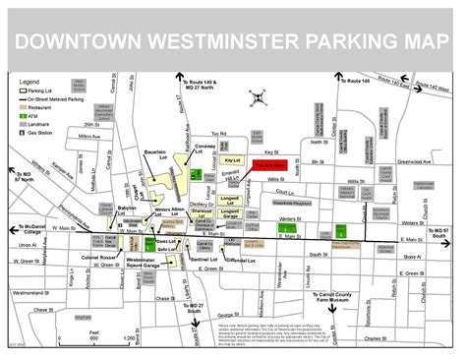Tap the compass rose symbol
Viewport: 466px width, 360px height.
click(x=257, y=96)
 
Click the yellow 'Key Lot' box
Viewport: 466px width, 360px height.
click(x=233, y=160)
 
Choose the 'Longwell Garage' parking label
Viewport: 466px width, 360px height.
click(x=230, y=211)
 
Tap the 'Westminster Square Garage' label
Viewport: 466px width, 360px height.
click(x=144, y=263)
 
